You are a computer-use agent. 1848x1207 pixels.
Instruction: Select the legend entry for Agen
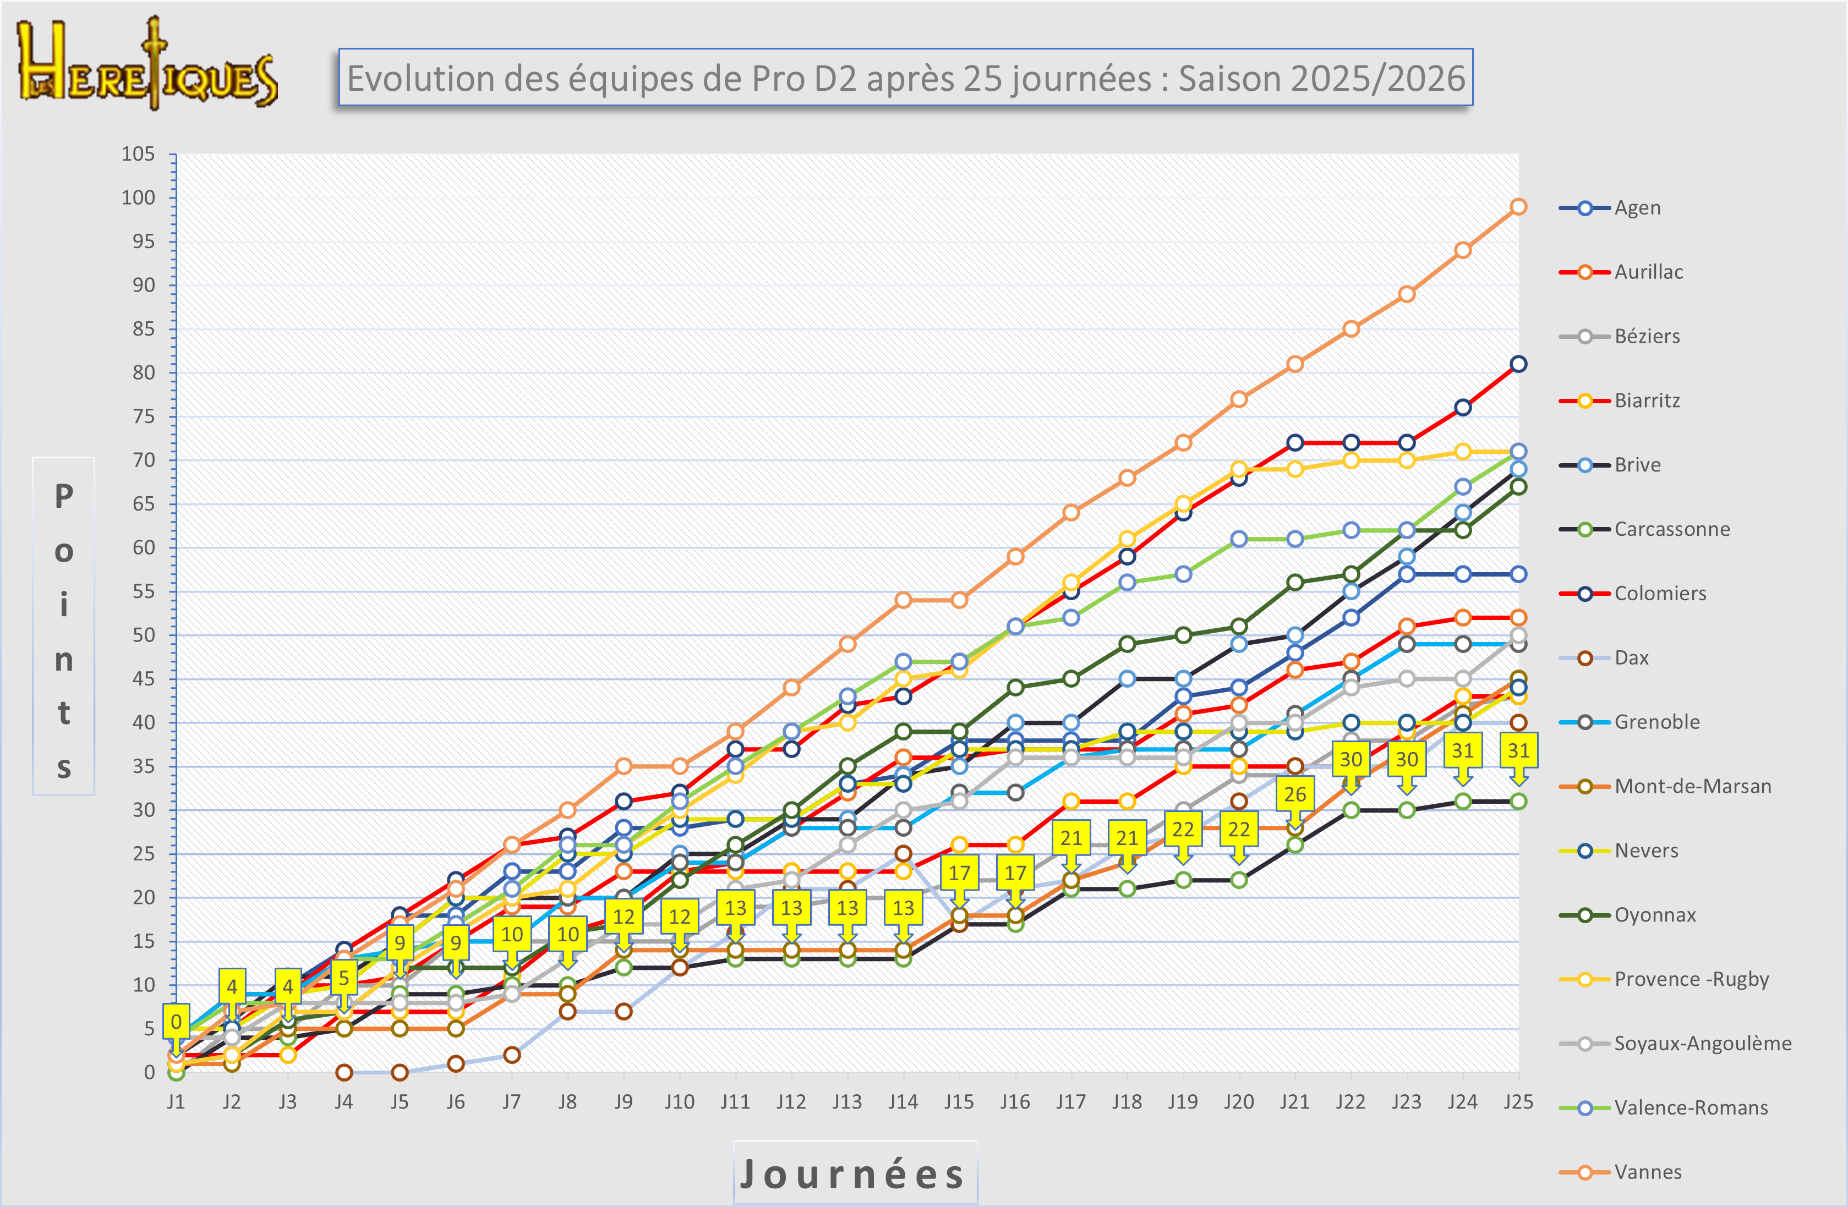[x=1637, y=208]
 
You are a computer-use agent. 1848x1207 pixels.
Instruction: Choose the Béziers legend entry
[x=1646, y=337]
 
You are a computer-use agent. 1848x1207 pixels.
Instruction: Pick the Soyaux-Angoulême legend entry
[x=1702, y=1043]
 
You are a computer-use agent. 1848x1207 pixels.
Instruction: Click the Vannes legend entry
[x=1647, y=1172]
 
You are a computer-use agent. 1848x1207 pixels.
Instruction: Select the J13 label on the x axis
[x=846, y=1102]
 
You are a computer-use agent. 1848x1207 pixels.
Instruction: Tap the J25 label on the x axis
[x=1518, y=1102]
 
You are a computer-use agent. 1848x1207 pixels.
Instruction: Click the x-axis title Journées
[x=854, y=1173]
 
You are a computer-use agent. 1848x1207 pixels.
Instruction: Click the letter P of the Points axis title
[x=64, y=497]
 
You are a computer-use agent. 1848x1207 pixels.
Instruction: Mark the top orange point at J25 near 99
[x=1518, y=206]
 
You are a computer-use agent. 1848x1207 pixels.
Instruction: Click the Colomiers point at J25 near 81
[x=1518, y=364]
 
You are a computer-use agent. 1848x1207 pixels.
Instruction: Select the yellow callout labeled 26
[x=1294, y=794]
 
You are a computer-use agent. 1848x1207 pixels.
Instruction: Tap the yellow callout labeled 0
[x=176, y=1022]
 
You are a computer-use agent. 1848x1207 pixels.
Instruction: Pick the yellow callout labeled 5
[x=344, y=977]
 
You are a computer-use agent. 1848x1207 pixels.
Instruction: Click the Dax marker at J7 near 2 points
[x=512, y=1055]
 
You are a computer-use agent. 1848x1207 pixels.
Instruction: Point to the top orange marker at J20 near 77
[x=1238, y=399]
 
